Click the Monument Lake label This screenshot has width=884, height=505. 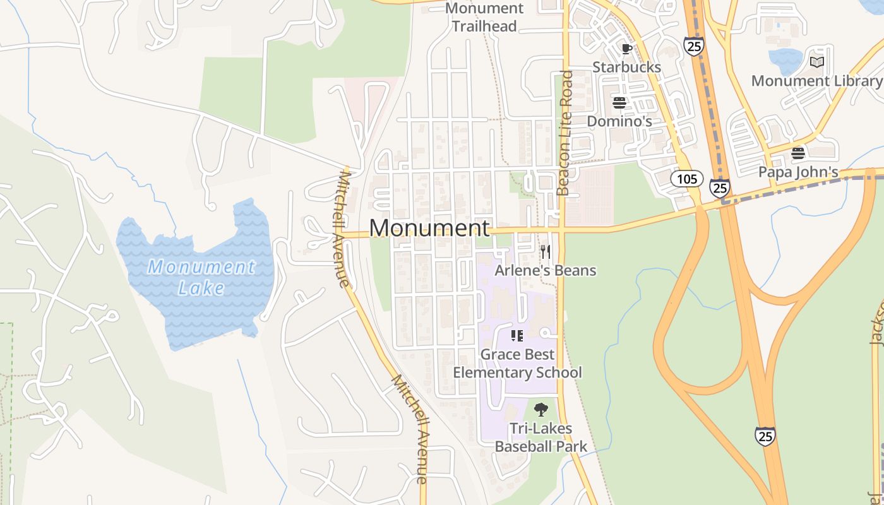tap(201, 277)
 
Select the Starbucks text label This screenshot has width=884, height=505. tap(626, 67)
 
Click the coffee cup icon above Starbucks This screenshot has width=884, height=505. tap(626, 49)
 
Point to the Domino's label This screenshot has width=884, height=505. tap(619, 121)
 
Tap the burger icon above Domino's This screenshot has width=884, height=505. tap(619, 102)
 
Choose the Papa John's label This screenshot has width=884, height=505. tap(798, 172)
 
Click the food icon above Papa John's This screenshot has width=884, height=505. tap(798, 153)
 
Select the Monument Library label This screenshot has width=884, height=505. tap(816, 81)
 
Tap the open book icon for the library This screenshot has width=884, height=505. tap(817, 62)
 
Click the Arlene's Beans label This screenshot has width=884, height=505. tap(545, 270)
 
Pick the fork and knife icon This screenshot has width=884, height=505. tap(545, 252)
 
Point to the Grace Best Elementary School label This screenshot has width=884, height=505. tap(517, 363)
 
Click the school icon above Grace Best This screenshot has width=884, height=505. tap(517, 336)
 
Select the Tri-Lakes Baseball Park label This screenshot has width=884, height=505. tap(541, 437)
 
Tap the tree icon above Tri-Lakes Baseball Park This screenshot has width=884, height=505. tap(541, 410)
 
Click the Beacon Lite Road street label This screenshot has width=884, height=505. tap(564, 133)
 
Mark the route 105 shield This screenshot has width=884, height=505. tap(686, 179)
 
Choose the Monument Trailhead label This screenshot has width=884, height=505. tap(484, 17)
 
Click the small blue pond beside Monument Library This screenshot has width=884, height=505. tap(785, 61)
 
